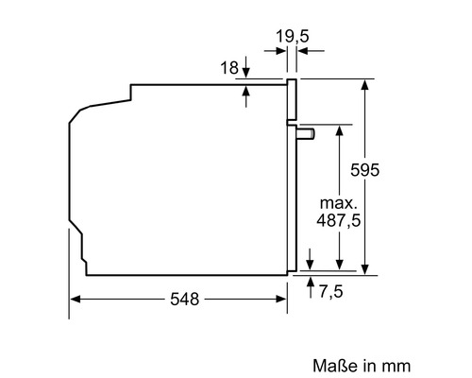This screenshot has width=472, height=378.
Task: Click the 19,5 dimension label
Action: coord(293,36)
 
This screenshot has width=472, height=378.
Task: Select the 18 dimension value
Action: coord(229,68)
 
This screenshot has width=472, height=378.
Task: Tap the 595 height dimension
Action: coord(365,170)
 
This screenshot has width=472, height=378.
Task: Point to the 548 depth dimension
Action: coord(185,299)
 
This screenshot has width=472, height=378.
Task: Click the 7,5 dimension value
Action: coord(330,291)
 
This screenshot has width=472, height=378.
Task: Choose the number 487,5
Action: coord(338,220)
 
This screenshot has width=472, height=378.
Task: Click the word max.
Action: coord(339,203)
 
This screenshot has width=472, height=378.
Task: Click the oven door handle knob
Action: coord(305,133)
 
